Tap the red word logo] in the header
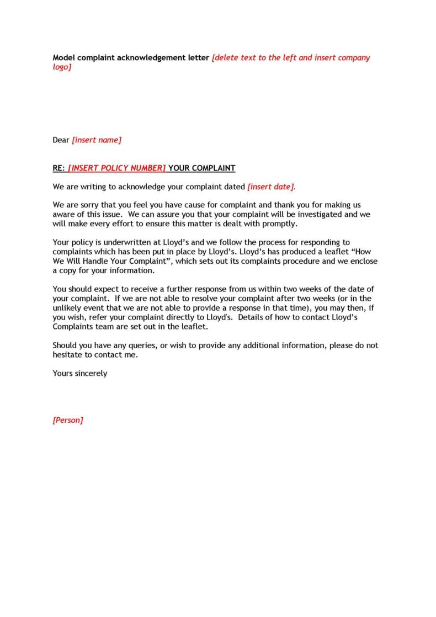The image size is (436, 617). (x=62, y=67)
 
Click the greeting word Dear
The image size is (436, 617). (x=61, y=140)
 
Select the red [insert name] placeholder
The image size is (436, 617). (x=97, y=140)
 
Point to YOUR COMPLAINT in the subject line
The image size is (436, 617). (x=201, y=168)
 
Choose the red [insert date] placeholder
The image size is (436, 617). (x=271, y=187)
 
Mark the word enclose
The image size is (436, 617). (x=363, y=262)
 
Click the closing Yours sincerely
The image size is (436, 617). (x=80, y=374)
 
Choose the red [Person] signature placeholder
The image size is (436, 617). (x=68, y=421)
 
